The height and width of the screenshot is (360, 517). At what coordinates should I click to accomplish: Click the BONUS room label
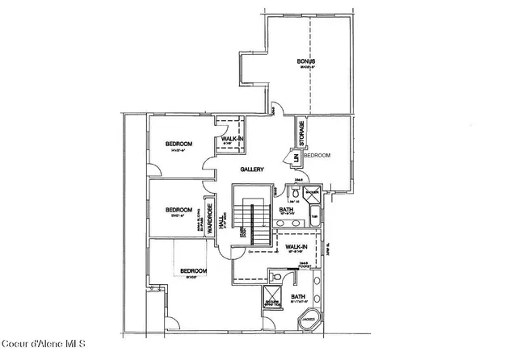pyautogui.click(x=305, y=61)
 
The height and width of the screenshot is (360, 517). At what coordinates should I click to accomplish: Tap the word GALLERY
pyautogui.click(x=254, y=170)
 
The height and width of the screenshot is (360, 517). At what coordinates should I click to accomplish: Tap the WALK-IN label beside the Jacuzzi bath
pyautogui.click(x=296, y=247)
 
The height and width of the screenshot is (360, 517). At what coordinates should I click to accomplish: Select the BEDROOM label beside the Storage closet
pyautogui.click(x=318, y=155)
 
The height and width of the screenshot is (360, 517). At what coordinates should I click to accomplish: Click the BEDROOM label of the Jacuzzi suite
pyautogui.click(x=193, y=270)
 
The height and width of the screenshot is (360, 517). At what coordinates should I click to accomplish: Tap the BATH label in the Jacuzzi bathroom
pyautogui.click(x=298, y=296)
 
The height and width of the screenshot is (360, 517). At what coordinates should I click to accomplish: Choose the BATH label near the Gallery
pyautogui.click(x=286, y=210)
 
